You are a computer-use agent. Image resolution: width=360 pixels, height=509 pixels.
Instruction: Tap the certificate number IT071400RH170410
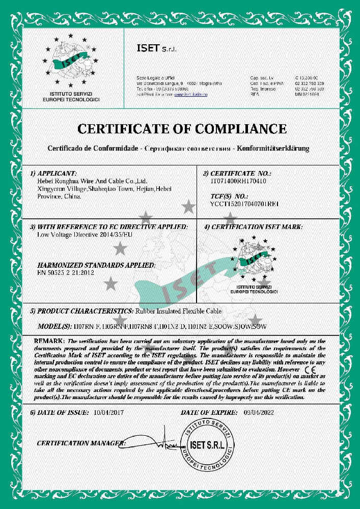point(238,181)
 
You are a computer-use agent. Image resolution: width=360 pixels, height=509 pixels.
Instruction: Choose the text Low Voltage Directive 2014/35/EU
point(81,235)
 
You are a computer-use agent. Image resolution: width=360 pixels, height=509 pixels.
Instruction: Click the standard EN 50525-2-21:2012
point(66,273)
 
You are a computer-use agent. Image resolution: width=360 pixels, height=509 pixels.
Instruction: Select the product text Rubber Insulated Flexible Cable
point(178,311)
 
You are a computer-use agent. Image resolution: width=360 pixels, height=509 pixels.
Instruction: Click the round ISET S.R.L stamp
point(210,446)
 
